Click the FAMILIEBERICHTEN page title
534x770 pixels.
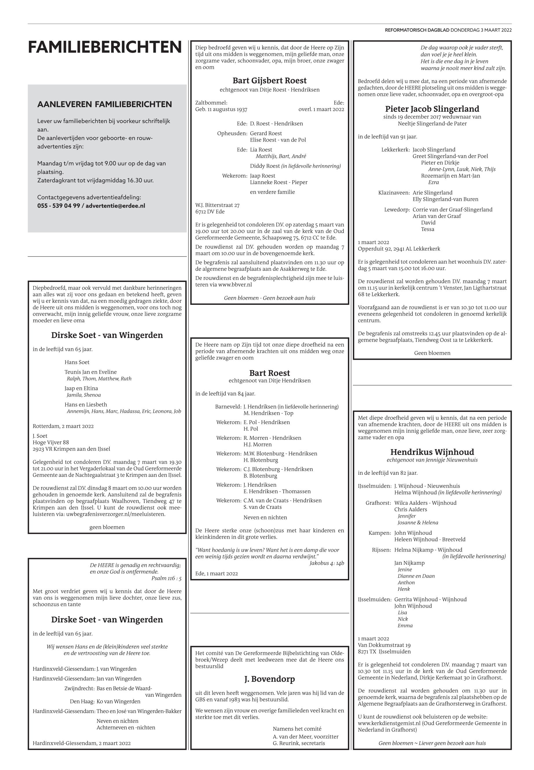pyautogui.click(x=105, y=47)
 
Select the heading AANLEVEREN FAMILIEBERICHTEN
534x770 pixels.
pyautogui.click(x=104, y=104)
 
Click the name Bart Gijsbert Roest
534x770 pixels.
pyautogui.click(x=269, y=81)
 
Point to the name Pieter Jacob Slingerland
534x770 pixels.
pyautogui.click(x=432, y=109)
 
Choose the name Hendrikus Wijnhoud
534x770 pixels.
pyautogui.click(x=432, y=452)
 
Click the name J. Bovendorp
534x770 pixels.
pyautogui.click(x=269, y=679)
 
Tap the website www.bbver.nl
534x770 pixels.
pyautogui.click(x=235, y=285)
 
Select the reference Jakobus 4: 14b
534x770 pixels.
pyautogui.click(x=326, y=563)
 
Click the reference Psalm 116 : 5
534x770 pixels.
pyautogui.click(x=166, y=578)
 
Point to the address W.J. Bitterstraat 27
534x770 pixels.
pyautogui.click(x=217, y=205)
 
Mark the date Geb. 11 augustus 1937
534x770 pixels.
pyautogui.click(x=221, y=109)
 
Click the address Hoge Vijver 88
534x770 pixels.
pyautogui.click(x=51, y=442)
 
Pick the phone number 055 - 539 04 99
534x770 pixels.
pyautogui.click(x=58, y=206)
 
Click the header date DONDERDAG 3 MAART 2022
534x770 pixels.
pyautogui.click(x=481, y=30)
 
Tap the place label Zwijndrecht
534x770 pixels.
pyautogui.click(x=79, y=689)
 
